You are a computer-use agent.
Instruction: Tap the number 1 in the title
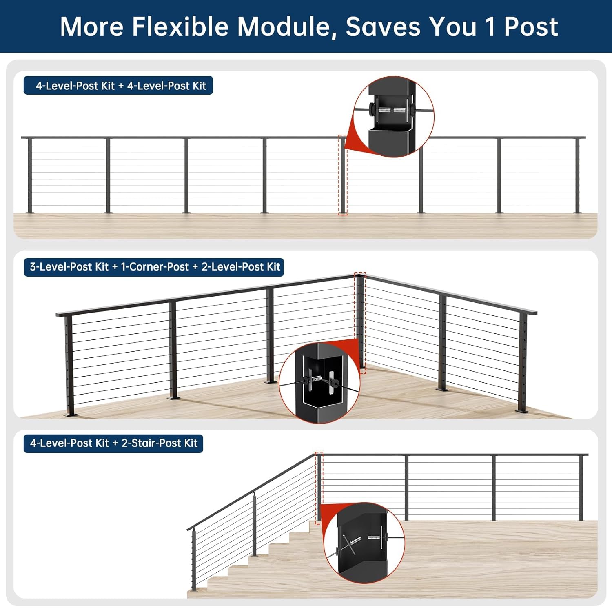click(490, 27)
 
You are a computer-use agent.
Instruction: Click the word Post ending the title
click(531, 27)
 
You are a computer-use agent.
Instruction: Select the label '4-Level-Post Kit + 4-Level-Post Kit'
click(118, 86)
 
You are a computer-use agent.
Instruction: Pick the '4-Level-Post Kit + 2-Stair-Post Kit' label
click(113, 443)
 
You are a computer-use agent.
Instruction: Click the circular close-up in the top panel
click(393, 117)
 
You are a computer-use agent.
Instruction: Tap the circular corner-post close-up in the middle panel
click(319, 383)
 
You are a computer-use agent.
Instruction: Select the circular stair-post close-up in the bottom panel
click(364, 543)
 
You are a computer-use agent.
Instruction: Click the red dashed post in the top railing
click(343, 175)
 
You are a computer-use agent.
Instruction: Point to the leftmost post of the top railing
click(30, 175)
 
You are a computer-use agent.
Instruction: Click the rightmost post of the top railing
click(577, 175)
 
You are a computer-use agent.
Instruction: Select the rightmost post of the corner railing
click(523, 363)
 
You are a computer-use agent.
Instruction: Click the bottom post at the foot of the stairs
click(194, 559)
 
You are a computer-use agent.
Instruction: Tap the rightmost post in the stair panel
click(581, 488)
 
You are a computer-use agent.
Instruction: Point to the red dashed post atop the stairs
click(319, 488)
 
